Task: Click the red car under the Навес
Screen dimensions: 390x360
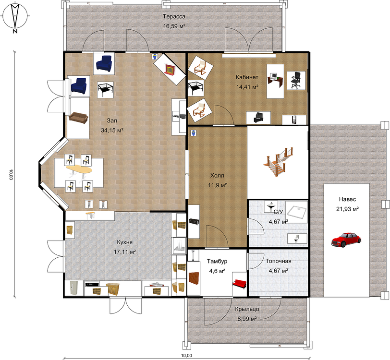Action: (346, 240)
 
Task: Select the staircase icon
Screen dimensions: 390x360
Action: (278, 162)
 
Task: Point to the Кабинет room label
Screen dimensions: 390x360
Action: (247, 77)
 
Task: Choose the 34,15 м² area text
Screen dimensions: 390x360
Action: (112, 130)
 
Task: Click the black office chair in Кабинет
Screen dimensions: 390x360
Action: (296, 80)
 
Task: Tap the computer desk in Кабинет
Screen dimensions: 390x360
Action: (275, 79)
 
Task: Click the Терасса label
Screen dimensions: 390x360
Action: (174, 17)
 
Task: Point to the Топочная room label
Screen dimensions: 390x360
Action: (278, 261)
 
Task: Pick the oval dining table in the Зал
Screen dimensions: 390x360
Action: (79, 170)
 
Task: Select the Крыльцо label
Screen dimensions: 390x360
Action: (247, 309)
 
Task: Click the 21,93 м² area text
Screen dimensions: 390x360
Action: (347, 209)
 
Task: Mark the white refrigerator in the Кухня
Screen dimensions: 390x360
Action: (74, 288)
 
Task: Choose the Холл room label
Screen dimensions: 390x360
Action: (217, 176)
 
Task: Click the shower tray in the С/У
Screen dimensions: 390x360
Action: (296, 212)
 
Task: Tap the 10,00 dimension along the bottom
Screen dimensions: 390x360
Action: (187, 355)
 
